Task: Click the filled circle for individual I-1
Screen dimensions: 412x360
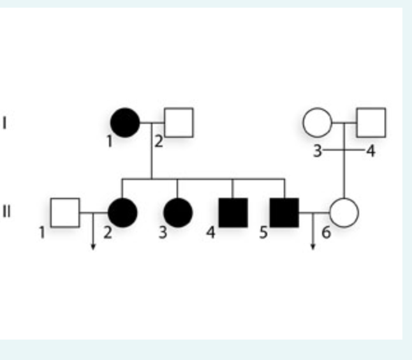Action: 124,123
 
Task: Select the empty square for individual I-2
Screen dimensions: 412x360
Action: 179,123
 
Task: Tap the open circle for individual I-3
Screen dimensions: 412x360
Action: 317,123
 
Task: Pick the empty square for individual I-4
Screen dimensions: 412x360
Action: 371,123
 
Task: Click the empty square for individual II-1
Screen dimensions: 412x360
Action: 65,213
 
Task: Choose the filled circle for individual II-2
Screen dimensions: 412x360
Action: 122,213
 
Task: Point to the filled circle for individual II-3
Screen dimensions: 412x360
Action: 177,213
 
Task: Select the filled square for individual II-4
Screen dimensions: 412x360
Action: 233,213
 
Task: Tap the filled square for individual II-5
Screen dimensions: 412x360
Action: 284,213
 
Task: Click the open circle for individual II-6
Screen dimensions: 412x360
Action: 344,213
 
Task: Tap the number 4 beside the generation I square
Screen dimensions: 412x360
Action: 371,151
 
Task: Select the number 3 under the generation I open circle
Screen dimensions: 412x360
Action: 317,151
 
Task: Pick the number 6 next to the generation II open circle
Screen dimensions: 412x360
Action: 326,232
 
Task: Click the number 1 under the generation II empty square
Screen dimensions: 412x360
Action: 41,232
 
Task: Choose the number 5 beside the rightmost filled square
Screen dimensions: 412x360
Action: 263,232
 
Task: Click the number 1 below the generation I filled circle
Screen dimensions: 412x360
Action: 110,142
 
